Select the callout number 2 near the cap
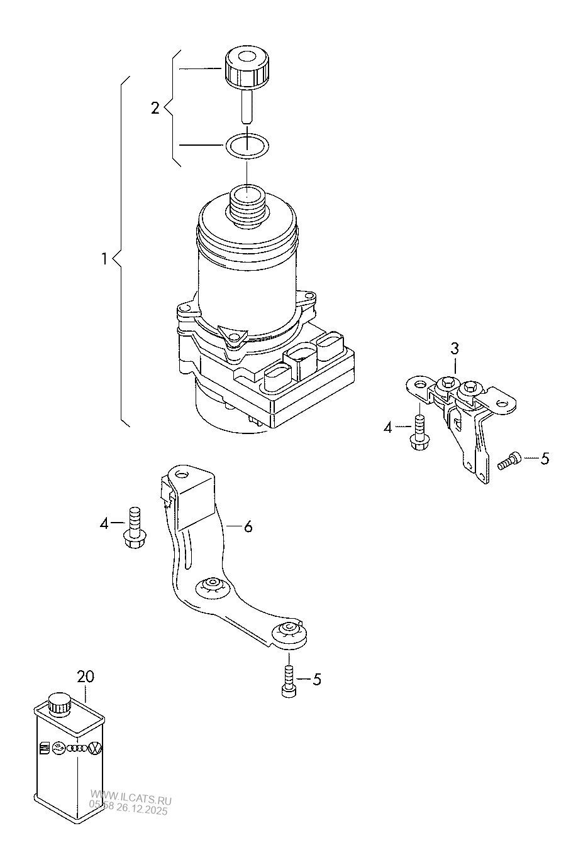click(x=155, y=108)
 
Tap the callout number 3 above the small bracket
click(x=455, y=349)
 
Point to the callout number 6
click(x=248, y=527)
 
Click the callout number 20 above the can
click(x=86, y=677)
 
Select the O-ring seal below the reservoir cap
click(x=247, y=146)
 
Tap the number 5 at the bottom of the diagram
click(x=317, y=680)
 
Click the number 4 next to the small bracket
click(x=388, y=428)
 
